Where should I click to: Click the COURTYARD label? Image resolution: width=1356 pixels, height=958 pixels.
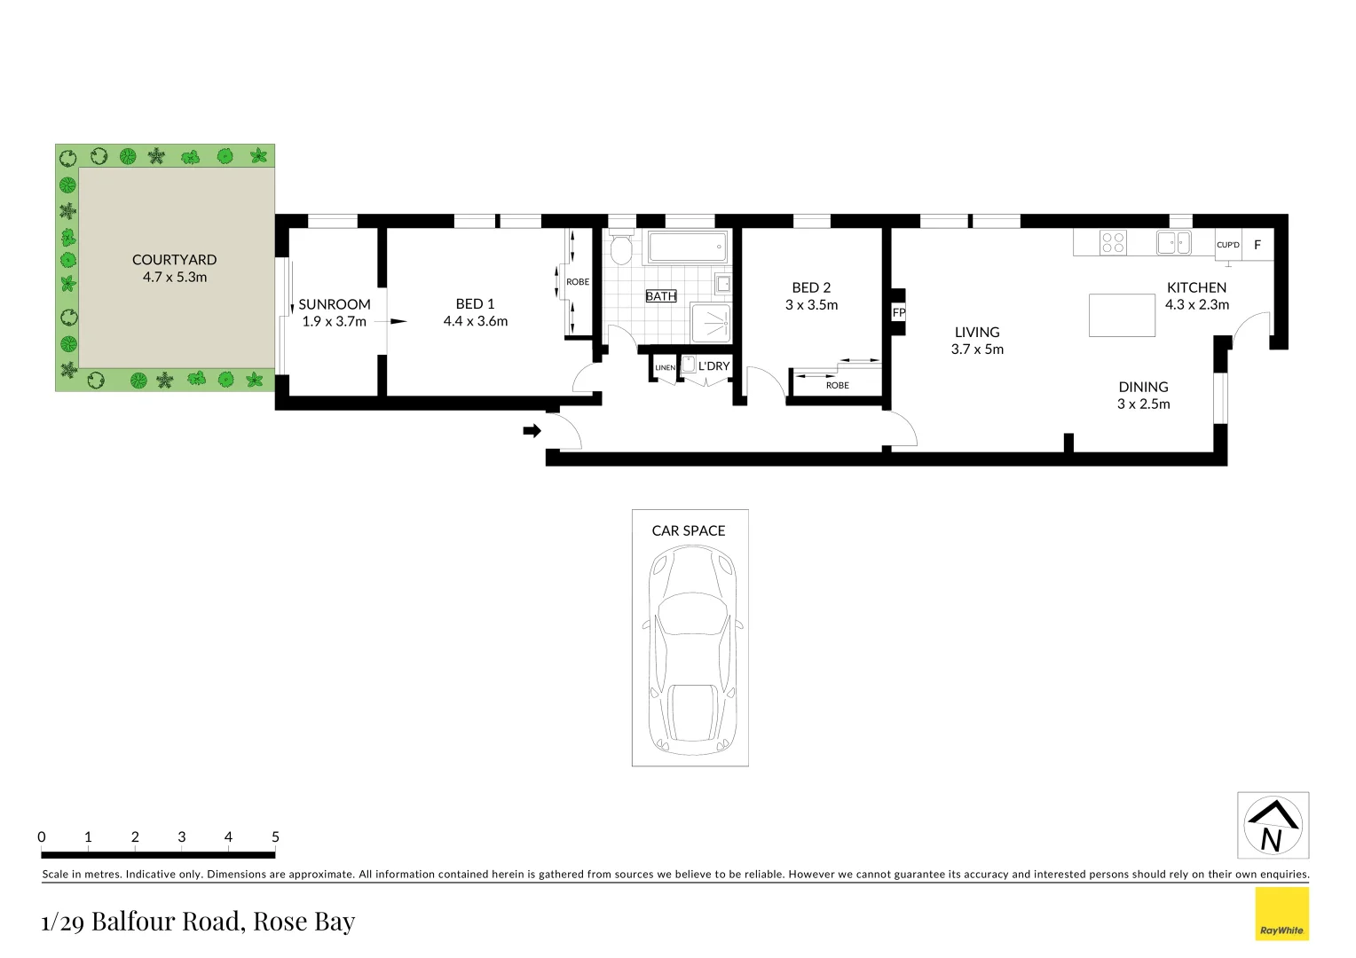174,260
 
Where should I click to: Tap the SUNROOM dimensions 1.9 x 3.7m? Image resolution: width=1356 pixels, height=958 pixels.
334,321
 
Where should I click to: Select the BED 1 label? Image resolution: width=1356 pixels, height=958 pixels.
475,304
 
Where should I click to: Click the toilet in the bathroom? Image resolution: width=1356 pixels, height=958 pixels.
620,249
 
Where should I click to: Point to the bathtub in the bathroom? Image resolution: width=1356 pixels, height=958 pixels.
688,247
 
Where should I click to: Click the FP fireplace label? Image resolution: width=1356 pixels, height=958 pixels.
898,312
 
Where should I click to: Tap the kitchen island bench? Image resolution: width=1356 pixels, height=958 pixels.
1122,315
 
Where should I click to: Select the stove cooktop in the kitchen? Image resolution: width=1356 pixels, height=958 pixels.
1113,242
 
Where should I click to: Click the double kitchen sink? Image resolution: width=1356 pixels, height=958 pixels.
1173,241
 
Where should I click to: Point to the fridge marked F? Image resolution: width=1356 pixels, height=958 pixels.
1257,245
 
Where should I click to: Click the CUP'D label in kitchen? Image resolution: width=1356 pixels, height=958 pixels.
1227,245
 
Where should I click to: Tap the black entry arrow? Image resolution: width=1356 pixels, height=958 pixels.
532,431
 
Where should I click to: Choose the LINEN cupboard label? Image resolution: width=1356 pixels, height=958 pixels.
665,367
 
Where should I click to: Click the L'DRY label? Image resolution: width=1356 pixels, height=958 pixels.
713,365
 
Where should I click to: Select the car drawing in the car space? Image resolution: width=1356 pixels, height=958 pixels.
690,650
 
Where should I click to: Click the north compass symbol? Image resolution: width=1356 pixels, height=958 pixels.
1273,825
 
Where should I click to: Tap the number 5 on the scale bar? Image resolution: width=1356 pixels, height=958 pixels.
275,836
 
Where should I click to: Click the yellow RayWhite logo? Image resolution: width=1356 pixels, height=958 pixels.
1281,914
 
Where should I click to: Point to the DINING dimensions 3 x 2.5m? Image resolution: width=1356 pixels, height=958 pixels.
1143,404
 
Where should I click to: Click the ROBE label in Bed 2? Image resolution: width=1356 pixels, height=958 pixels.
837,385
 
